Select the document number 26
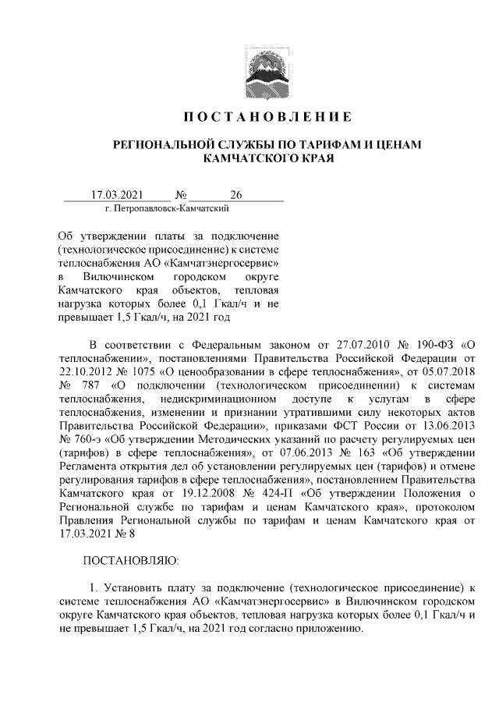click(x=236, y=194)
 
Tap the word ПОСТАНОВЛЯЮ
click(x=131, y=559)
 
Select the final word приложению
click(x=330, y=630)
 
